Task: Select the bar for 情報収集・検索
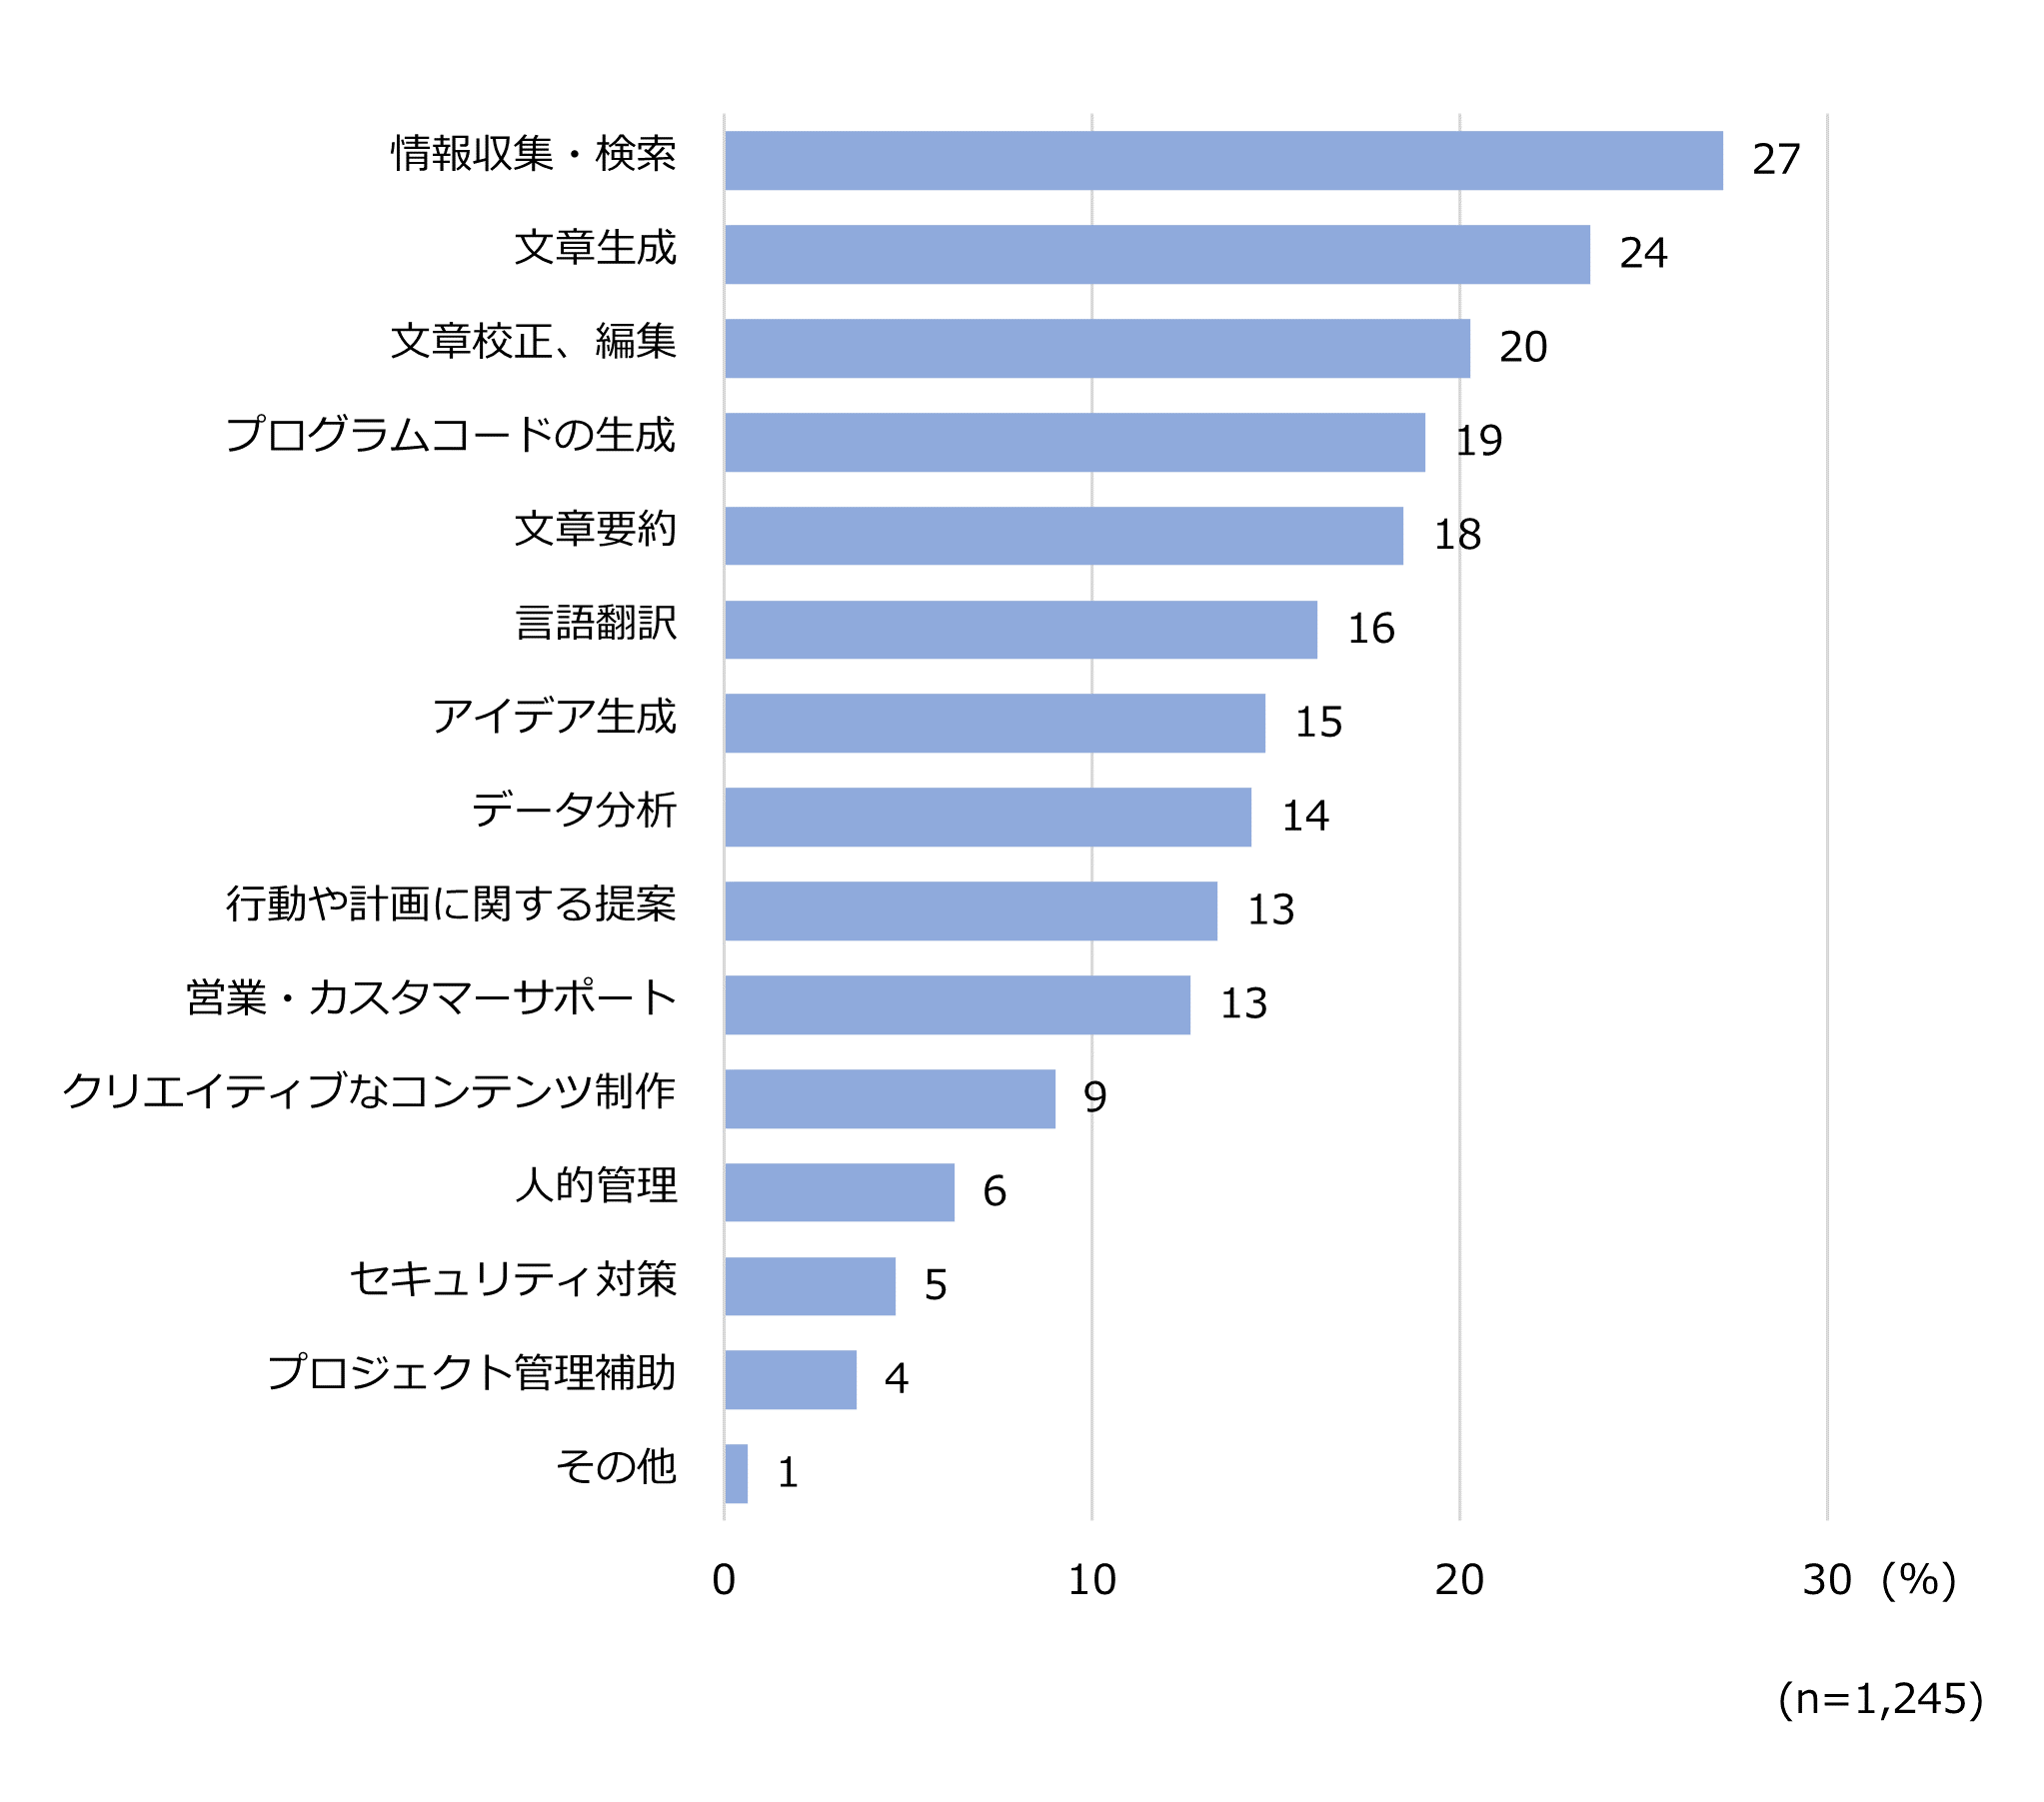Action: [1223, 160]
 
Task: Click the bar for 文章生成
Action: [1157, 254]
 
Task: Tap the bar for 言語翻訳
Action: [1020, 629]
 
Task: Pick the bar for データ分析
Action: [987, 816]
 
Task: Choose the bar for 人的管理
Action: [839, 1191]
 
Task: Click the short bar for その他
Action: [736, 1473]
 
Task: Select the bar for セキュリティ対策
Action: [810, 1285]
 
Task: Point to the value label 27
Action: [1776, 160]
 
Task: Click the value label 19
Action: [1478, 441]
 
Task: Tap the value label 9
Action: [1095, 1097]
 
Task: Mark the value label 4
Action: [896, 1379]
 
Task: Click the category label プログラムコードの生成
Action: [450, 436]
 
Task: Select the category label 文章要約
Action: [595, 530]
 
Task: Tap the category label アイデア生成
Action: [554, 717]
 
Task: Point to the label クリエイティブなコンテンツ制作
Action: [369, 1092]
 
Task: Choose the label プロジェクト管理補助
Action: [471, 1373]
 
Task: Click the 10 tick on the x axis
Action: [1091, 1580]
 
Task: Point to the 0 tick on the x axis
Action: [724, 1580]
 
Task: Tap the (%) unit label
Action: [1918, 1580]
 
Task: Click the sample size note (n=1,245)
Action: [1880, 1699]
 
